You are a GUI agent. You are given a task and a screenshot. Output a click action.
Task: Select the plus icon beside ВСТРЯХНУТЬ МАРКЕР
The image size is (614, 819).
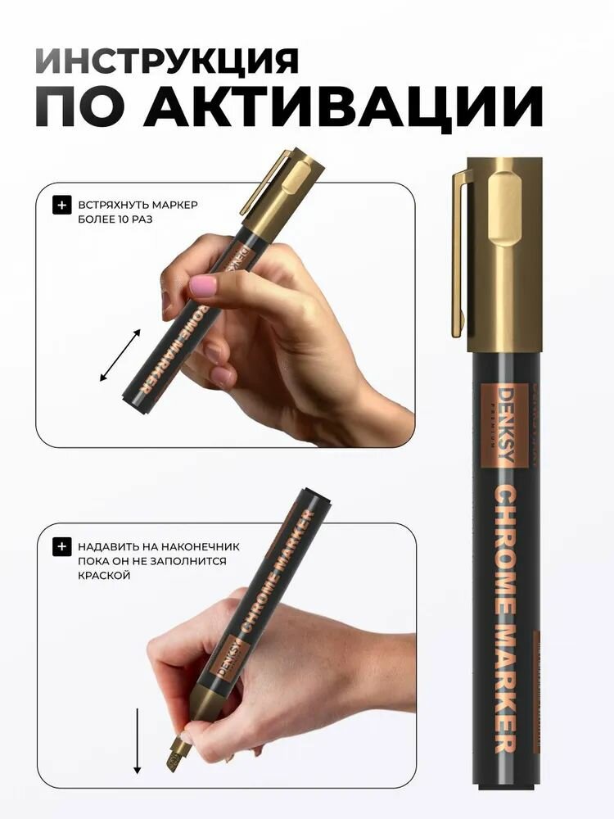(61, 205)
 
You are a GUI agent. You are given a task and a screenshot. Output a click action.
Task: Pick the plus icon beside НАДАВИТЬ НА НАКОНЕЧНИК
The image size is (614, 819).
(61, 546)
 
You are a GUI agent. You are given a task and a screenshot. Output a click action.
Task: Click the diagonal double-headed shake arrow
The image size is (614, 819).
(120, 355)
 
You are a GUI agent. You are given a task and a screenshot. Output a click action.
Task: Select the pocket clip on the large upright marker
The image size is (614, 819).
(460, 254)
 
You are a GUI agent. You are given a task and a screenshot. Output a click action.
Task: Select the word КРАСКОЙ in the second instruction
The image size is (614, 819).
(105, 576)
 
